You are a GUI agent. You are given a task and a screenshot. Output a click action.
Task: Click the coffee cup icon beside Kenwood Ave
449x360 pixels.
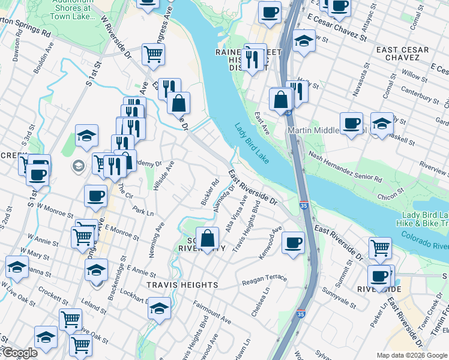(x=293, y=243)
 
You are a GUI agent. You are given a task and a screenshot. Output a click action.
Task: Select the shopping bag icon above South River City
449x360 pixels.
(x=207, y=238)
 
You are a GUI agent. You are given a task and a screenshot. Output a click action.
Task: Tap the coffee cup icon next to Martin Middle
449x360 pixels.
(x=351, y=124)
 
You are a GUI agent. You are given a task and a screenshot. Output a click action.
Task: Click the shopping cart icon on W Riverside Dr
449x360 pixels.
(x=153, y=54)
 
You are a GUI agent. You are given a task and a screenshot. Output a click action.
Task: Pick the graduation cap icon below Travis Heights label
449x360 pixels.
(x=159, y=308)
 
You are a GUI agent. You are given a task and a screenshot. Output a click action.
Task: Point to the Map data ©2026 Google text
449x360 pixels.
(x=412, y=355)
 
